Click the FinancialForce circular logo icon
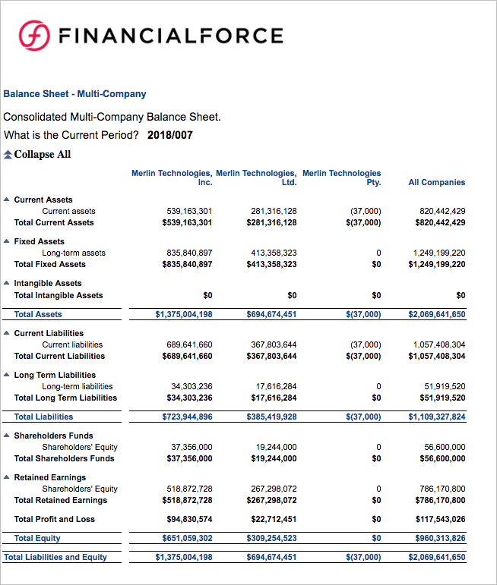tap(34, 36)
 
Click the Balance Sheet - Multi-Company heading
tap(74, 94)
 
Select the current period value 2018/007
tap(170, 136)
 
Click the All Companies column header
tap(436, 182)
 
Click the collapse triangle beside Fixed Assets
tap(7, 241)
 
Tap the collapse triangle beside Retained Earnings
tap(7, 477)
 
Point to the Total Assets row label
tap(38, 314)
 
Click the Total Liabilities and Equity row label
tap(55, 557)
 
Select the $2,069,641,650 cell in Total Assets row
tap(436, 314)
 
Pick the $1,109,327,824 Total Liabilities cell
tap(436, 417)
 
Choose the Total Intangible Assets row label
tap(59, 295)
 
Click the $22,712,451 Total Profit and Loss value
tap(271, 519)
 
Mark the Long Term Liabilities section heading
tap(55, 375)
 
